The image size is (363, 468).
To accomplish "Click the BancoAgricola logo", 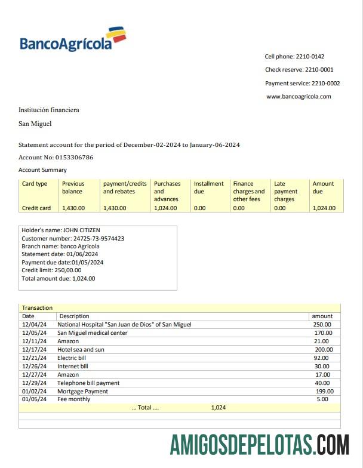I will (73, 39).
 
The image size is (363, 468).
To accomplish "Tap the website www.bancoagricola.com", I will (299, 96).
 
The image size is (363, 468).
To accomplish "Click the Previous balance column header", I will (73, 187).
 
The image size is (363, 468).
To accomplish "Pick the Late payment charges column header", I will (285, 192).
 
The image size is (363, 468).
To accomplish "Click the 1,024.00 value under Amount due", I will (324, 208).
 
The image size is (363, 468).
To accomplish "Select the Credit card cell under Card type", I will (36, 208).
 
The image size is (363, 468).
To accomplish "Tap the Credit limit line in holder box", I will (51, 270).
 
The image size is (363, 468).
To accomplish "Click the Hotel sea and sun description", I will (81, 349).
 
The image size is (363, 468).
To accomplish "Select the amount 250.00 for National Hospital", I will (323, 324).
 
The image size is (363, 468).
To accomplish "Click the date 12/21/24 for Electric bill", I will (34, 358).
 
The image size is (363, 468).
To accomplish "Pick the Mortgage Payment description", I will (82, 391).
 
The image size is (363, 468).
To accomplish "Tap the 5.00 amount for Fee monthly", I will (322, 399).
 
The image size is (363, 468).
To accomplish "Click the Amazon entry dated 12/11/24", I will (68, 341).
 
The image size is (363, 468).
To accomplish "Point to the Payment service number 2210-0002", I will (327, 84).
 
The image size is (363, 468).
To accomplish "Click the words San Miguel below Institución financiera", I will (35, 124).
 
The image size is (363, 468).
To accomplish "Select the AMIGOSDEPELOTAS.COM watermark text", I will (260, 445).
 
